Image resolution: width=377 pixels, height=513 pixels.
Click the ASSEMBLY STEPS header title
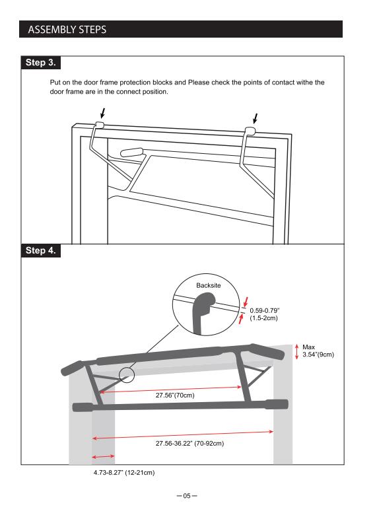tap(67, 30)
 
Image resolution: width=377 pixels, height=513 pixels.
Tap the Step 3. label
tap(40, 63)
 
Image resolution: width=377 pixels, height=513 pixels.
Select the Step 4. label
tap(40, 251)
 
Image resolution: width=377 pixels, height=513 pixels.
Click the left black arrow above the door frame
tap(103, 113)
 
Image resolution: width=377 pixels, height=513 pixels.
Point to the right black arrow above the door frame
tap(256, 118)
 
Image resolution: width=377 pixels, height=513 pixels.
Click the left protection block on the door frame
tap(100, 125)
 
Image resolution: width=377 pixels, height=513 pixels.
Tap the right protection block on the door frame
tap(251, 131)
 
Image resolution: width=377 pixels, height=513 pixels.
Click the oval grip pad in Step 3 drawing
tap(132, 152)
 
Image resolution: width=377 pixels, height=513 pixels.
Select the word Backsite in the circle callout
tap(209, 285)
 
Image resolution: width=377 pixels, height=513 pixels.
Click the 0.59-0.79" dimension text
tap(264, 310)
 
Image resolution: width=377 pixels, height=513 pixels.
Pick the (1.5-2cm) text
tap(264, 318)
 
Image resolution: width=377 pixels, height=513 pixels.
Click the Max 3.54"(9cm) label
tap(318, 351)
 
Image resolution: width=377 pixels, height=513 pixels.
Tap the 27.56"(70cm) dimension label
tap(175, 395)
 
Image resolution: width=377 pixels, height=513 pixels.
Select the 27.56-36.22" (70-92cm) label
tap(189, 443)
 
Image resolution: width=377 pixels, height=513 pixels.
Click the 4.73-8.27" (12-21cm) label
tap(124, 473)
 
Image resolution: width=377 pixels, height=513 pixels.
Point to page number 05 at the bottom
tap(187, 496)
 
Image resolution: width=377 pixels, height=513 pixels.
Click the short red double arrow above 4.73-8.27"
tap(104, 456)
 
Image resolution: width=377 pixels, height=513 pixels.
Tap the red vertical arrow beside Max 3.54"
tap(297, 351)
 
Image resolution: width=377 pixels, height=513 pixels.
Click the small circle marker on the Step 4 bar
tap(127, 375)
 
